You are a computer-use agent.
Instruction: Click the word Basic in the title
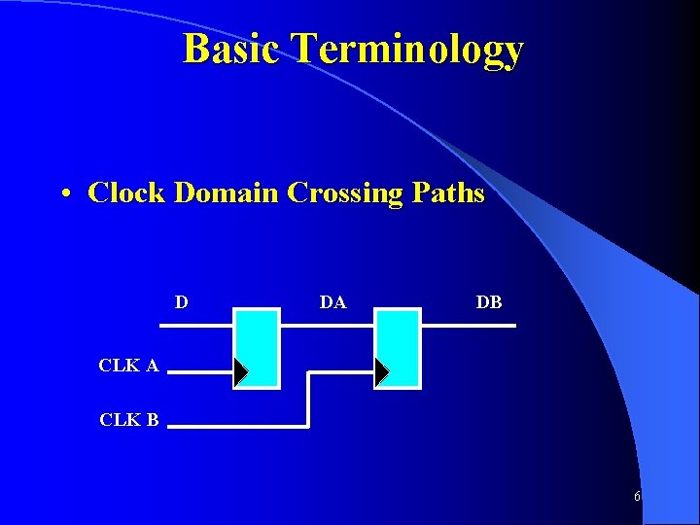point(232,49)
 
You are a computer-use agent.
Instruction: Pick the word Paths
point(448,192)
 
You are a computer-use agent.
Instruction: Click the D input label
point(181,302)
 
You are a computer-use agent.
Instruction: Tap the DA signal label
point(332,302)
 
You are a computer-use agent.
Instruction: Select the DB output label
point(489,302)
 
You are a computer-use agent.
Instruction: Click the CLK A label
point(128,366)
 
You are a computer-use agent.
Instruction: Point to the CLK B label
point(128,420)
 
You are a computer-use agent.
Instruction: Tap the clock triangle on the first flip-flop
point(240,370)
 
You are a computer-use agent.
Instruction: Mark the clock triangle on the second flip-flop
point(381,370)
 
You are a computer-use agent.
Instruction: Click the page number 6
point(637,497)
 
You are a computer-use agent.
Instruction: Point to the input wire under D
point(195,325)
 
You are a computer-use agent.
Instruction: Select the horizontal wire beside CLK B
point(233,426)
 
